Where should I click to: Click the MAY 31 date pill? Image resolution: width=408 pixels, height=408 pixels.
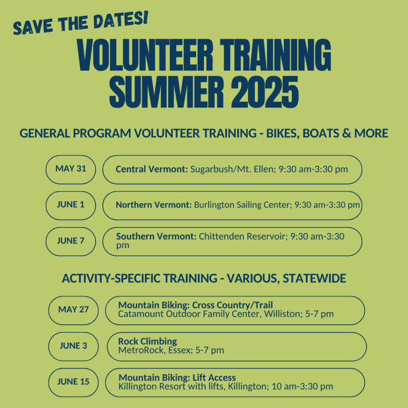point(71,170)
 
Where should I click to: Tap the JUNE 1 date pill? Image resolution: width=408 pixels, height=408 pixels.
point(71,206)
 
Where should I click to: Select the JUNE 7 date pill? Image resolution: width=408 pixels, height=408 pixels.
point(71,241)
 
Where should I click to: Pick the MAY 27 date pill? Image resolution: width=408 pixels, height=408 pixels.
point(73,310)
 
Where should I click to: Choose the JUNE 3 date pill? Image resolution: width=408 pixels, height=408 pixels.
point(73,346)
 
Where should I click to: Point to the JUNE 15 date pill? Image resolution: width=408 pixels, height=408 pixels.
point(73,382)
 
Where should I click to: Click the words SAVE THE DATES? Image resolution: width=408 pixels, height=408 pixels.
point(80,23)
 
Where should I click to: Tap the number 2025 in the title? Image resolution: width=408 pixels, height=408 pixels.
point(265,92)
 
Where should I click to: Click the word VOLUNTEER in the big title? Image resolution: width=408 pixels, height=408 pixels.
point(145,55)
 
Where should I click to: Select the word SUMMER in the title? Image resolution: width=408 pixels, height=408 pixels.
point(167,92)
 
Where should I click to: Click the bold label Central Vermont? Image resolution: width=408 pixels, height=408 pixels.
point(152,169)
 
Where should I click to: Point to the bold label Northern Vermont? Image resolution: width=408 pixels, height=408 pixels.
point(154,205)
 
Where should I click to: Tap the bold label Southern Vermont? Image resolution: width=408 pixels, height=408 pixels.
point(156,236)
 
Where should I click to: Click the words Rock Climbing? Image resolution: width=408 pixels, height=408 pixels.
point(147,341)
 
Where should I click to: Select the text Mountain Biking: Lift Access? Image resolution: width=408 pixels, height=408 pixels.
point(177,377)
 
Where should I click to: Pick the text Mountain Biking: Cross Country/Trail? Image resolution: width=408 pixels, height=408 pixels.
point(196,305)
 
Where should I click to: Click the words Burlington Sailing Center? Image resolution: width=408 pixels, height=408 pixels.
point(242,205)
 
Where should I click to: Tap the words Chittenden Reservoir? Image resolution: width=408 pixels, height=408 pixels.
point(242,236)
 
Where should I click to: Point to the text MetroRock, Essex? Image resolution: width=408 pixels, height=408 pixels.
point(155,350)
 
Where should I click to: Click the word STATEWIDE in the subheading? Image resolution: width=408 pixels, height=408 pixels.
point(314,278)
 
